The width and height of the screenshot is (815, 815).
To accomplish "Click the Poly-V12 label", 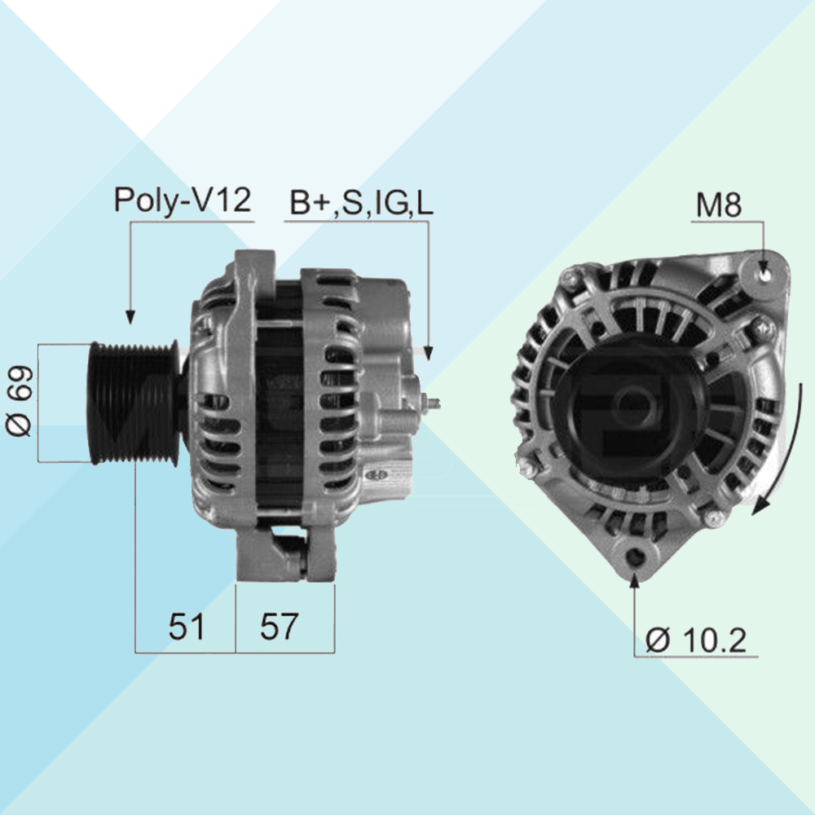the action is click(x=183, y=200).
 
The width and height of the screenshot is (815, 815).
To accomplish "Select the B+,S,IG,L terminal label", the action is click(x=361, y=203).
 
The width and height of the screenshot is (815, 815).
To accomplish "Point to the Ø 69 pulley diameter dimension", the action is click(x=20, y=401).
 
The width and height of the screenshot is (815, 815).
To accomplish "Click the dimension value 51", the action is click(x=187, y=626).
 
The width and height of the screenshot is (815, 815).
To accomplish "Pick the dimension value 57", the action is click(x=279, y=626).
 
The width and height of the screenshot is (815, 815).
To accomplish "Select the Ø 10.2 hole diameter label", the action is click(x=696, y=640).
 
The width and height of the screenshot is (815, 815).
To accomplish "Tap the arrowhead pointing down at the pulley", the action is click(x=130, y=316).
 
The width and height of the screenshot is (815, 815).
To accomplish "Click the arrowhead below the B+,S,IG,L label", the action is click(x=428, y=353).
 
